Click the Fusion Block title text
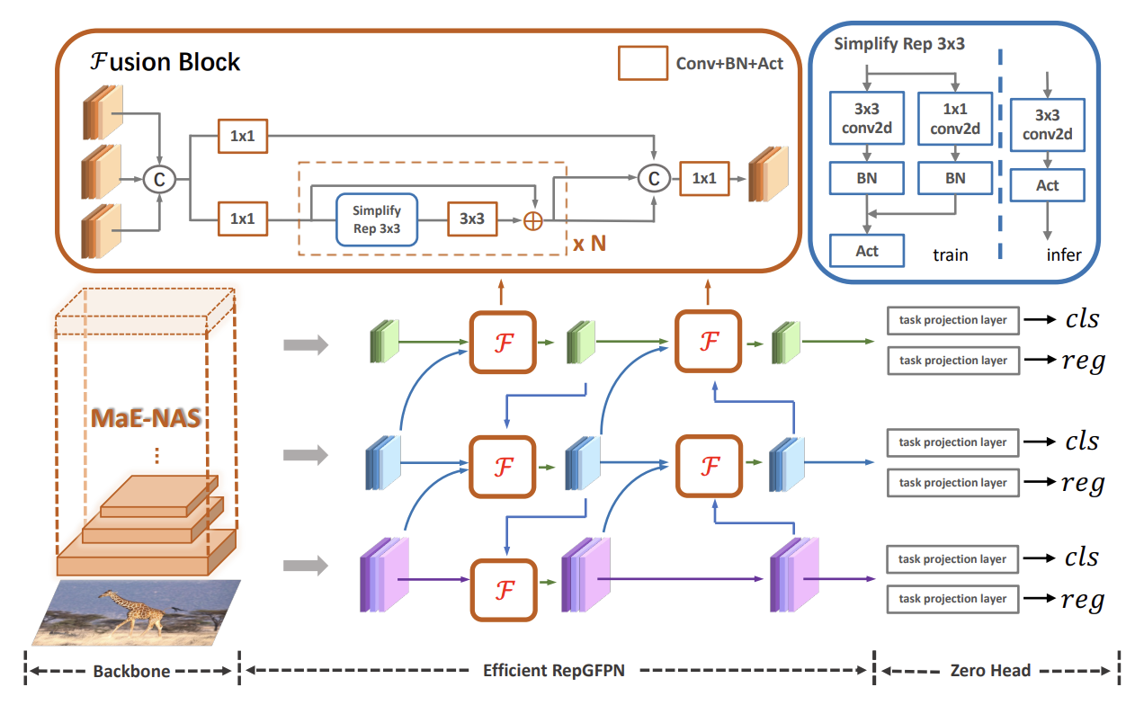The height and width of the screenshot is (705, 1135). pos(165,62)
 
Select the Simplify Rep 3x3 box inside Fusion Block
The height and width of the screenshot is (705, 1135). pos(376,219)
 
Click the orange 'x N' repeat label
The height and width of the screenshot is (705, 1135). pos(591,243)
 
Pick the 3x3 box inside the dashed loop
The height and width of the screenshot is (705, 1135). pos(472,219)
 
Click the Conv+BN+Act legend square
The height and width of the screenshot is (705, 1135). pos(642,63)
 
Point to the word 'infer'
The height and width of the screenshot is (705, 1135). pos(1063,254)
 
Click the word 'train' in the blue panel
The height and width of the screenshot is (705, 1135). pos(950,254)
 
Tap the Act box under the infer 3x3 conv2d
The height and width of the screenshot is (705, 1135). pos(1048,185)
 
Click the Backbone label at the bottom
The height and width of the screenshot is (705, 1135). pos(131,671)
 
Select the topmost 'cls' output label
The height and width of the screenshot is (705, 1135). pos(1082,319)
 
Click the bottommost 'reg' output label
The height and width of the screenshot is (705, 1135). pos(1082,600)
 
